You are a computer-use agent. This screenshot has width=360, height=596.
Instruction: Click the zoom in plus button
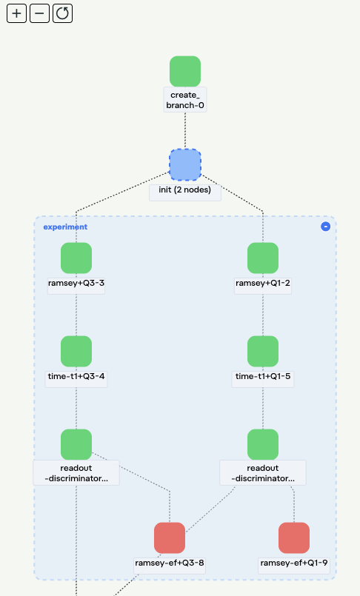[16, 13]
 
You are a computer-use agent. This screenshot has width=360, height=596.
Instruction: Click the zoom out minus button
[39, 13]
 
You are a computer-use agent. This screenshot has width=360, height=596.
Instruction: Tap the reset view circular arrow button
[63, 13]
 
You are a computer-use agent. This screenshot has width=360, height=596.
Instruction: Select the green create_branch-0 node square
[185, 71]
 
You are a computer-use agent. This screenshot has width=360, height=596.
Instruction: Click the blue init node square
[185, 164]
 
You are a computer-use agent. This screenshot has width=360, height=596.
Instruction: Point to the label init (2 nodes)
[185, 190]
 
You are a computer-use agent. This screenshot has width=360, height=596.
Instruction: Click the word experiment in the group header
[65, 227]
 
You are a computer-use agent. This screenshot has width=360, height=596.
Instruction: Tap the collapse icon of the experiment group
[325, 227]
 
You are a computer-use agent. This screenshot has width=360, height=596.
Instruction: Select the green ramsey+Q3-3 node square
[76, 258]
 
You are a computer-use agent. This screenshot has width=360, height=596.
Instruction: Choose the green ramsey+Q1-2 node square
[263, 258]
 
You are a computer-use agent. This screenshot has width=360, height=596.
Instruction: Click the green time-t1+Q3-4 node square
[76, 351]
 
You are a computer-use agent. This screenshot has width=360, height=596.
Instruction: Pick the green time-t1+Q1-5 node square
[263, 351]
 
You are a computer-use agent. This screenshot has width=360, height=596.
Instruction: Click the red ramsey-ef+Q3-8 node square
[170, 538]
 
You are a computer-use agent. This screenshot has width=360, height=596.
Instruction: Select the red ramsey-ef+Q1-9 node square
[294, 538]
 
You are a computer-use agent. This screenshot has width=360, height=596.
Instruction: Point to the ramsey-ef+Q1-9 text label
[294, 563]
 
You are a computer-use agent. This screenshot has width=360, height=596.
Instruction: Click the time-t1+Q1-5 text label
[263, 377]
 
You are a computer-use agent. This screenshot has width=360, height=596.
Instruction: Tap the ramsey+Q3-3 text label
[76, 284]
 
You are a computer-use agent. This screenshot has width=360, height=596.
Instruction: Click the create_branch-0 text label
[185, 100]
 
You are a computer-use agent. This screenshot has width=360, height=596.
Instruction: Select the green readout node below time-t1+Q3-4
[76, 444]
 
